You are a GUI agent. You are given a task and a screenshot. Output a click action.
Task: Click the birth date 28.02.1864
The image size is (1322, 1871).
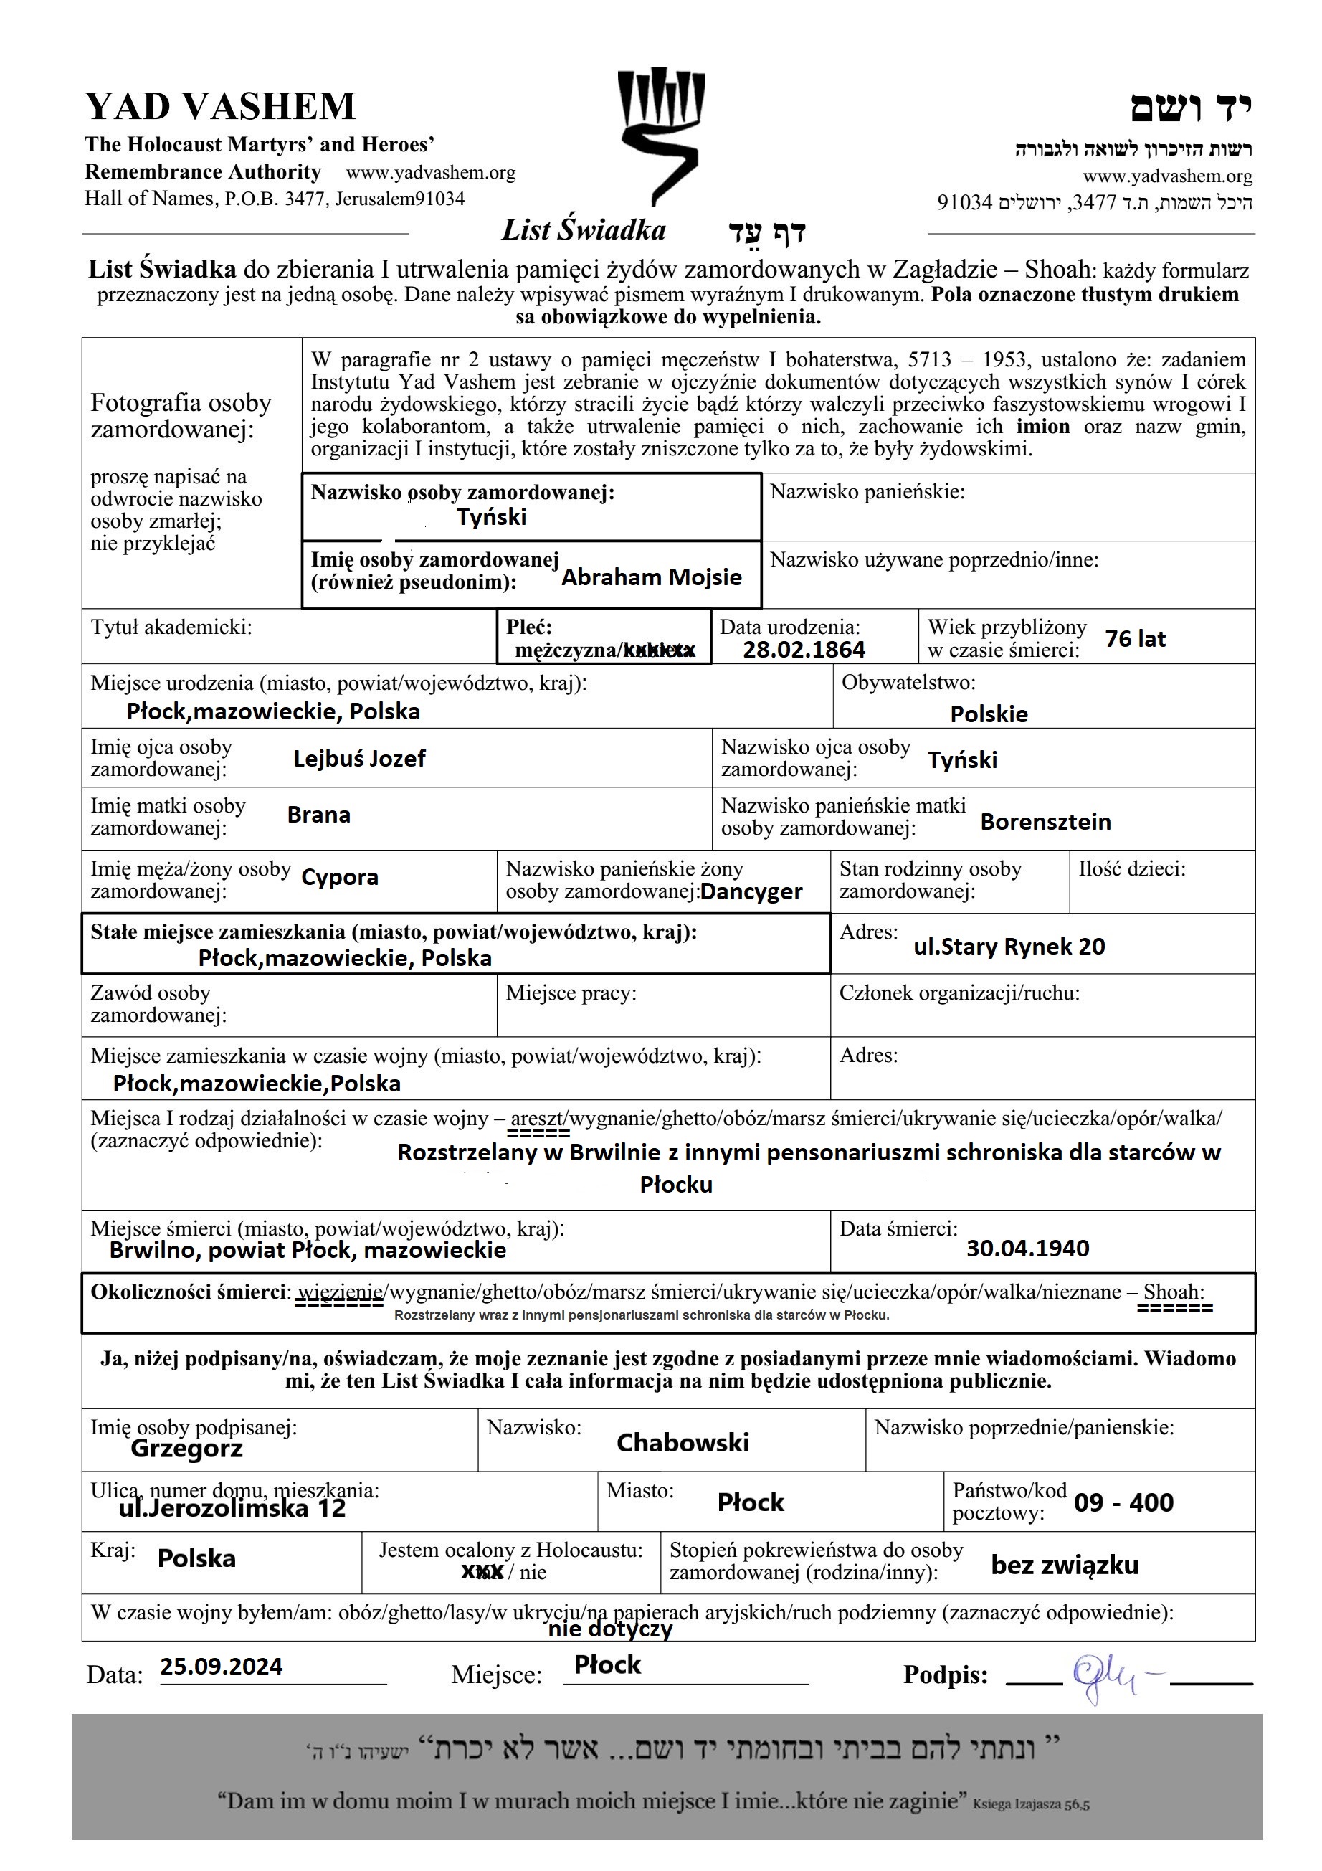803,650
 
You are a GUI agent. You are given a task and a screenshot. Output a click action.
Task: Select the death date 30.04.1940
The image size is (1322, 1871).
1027,1248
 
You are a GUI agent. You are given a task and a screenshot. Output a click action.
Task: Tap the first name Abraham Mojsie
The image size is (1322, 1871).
652,578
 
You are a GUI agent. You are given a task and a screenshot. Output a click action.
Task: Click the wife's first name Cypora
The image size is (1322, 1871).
340,878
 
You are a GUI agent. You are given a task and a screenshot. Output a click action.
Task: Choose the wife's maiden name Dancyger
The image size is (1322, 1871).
751,892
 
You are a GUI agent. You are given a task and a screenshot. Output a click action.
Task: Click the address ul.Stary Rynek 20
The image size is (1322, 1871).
1009,946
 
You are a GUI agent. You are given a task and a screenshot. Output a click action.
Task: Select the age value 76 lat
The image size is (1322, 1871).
1135,639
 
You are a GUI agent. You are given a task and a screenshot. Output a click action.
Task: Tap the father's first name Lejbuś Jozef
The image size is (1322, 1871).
359,759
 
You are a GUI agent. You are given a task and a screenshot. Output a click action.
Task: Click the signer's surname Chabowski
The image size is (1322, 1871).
683,1443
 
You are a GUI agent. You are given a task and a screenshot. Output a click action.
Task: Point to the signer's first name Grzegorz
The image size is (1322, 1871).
186,1449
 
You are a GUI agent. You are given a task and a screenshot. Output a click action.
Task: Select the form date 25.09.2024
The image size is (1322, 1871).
221,1667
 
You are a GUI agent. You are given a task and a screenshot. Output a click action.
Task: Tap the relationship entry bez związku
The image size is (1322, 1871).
1065,1566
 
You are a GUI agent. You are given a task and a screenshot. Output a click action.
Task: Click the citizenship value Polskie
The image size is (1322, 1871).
989,715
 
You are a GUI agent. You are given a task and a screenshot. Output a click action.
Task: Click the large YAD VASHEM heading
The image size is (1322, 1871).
220,107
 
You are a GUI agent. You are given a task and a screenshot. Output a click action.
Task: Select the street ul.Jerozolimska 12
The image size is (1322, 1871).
232,1508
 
